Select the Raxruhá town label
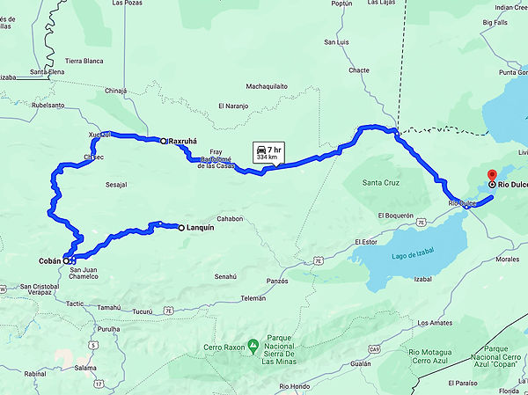pyautogui.click(x=187, y=141)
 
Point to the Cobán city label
pyautogui.click(x=49, y=261)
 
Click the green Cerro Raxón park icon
pyautogui.click(x=253, y=343)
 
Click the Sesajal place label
pyautogui.click(x=116, y=185)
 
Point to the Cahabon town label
pyautogui.click(x=229, y=219)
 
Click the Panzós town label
pyautogui.click(x=277, y=281)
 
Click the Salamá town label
pyautogui.click(x=84, y=368)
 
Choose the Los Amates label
pyautogui.click(x=436, y=323)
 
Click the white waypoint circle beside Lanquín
pyautogui.click(x=181, y=228)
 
